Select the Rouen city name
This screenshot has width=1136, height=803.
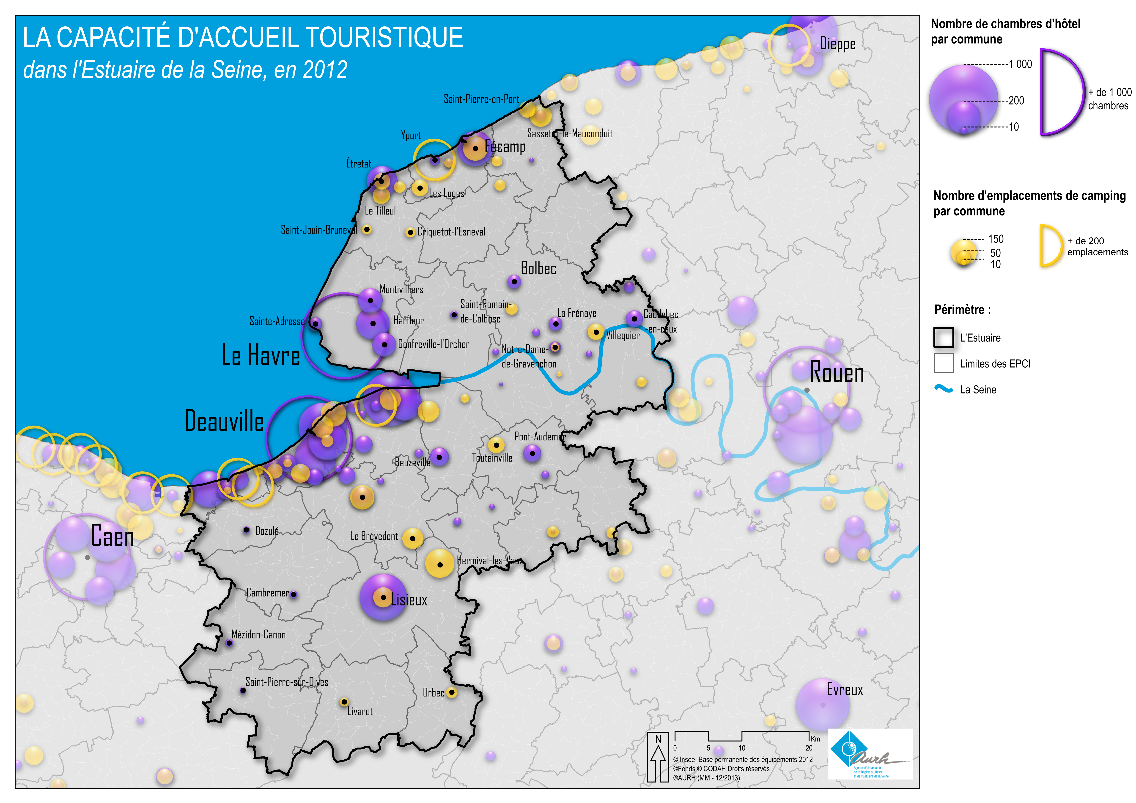click(837, 373)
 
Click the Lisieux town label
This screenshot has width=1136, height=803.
click(409, 600)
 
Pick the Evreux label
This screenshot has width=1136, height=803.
click(845, 689)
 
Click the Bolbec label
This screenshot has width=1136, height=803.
click(538, 268)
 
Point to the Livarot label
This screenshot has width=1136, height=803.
click(360, 712)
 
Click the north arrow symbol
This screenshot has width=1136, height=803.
click(658, 757)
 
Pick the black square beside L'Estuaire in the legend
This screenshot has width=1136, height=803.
click(944, 337)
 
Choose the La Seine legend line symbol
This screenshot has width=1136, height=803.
click(944, 389)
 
